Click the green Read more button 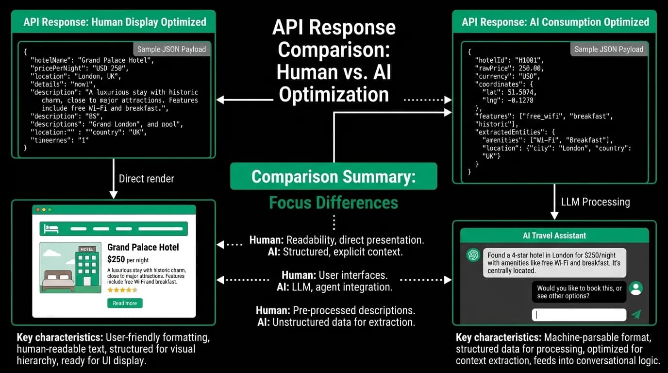125,303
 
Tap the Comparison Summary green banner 334,176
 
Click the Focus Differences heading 334,203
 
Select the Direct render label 147,179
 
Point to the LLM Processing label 596,202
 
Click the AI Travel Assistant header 554,236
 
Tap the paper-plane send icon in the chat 636,315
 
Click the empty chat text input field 579,315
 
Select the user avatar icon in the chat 636,288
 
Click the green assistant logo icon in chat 473,255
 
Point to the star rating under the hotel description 122,290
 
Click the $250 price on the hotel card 116,259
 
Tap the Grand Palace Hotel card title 143,247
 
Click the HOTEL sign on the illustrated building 87,249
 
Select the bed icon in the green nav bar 51,229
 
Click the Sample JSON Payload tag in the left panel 171,49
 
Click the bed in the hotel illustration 58,281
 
